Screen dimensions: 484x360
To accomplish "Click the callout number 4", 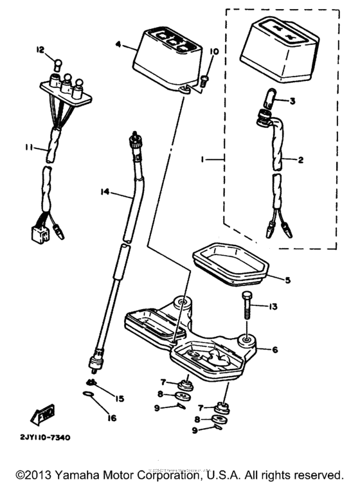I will click(x=118, y=45).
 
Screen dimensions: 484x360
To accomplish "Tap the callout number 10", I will click(x=214, y=51).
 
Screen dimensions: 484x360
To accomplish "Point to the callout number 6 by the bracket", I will click(x=274, y=350).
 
